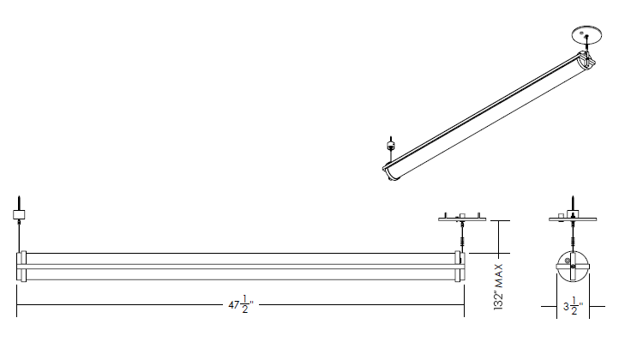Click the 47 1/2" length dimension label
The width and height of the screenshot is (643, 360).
[x=241, y=304]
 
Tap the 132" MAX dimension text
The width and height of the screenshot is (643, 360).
[x=498, y=287]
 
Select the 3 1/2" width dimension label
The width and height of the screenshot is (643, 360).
[x=573, y=306]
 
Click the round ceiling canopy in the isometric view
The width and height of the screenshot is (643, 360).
[x=586, y=35]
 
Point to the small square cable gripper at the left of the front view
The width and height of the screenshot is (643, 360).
[x=19, y=214]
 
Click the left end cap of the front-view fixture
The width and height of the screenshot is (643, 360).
[x=21, y=267]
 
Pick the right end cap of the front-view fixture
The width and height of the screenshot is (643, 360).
[x=460, y=267]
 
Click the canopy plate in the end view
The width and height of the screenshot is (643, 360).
[x=573, y=219]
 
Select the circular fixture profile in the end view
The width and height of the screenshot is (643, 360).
[x=573, y=267]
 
